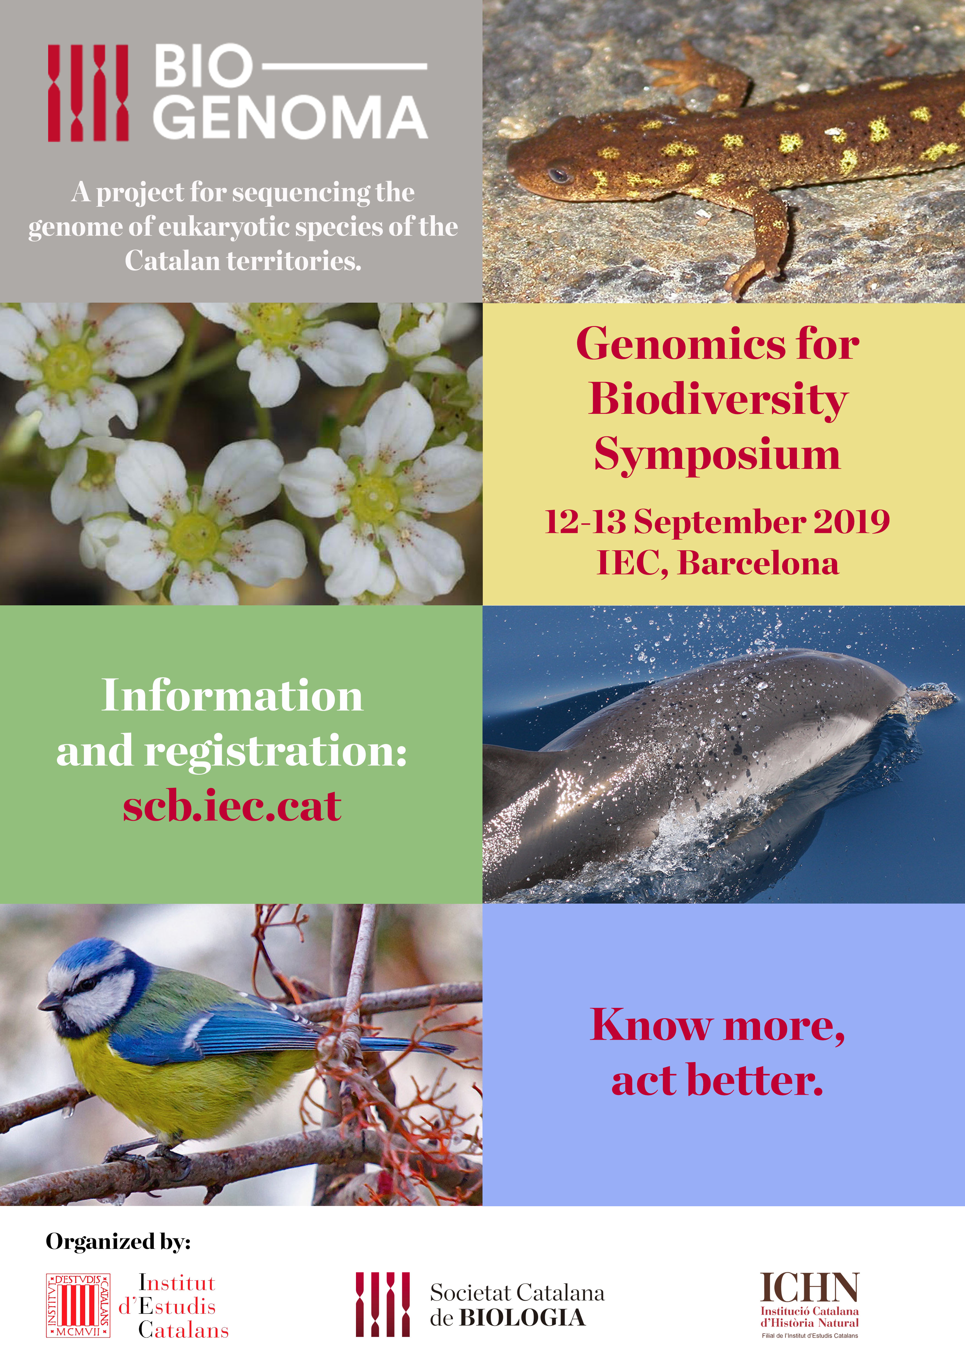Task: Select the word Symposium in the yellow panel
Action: coord(717,455)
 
